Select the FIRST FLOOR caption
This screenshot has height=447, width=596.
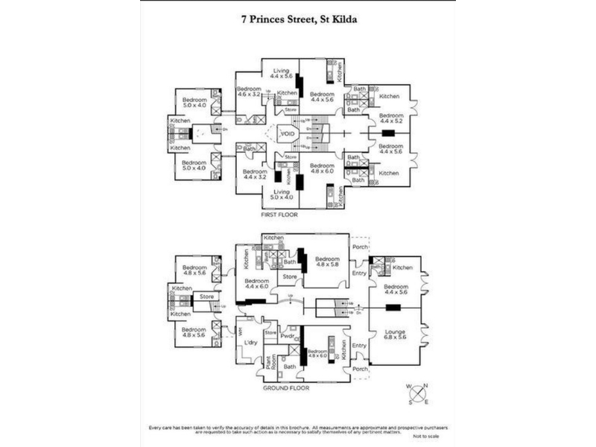tap(279, 215)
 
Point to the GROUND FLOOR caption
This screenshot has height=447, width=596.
tap(287, 387)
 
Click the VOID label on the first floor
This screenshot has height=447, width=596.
tap(288, 134)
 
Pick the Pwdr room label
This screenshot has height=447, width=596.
tap(288, 336)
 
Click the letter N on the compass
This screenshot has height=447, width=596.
tap(425, 385)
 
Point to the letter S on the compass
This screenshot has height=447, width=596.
tap(411, 401)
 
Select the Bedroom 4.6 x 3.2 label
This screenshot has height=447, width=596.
tap(250, 91)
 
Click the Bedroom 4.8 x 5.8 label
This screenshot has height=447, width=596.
tap(327, 261)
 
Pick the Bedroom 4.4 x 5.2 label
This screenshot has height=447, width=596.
tap(390, 118)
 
